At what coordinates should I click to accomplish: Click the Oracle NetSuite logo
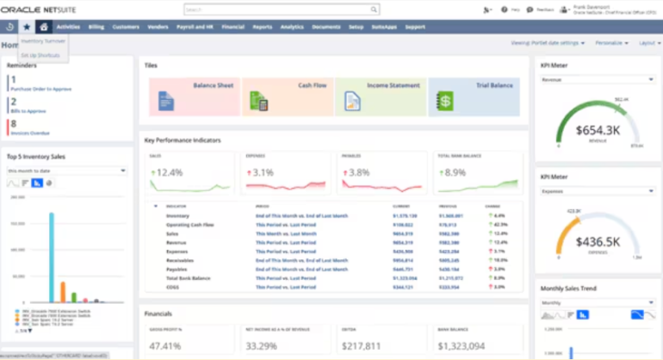[39, 9]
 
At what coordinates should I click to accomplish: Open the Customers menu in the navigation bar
[126, 27]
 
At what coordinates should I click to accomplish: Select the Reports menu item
[263, 27]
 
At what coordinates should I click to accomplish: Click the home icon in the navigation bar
[44, 27]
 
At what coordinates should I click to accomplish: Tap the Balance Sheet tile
[194, 96]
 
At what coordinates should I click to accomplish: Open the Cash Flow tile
[287, 96]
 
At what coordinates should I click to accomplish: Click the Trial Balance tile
[474, 96]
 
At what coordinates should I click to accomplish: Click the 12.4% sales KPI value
[168, 172]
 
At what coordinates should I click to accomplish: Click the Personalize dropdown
[611, 42]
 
